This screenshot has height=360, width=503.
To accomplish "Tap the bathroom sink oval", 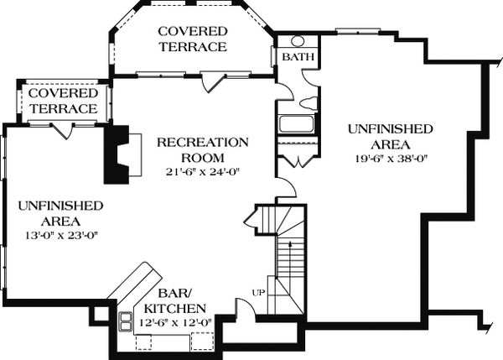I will pos(297,40).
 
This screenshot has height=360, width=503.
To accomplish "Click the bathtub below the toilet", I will pos(296,125).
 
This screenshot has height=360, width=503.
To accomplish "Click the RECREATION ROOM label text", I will pos(203,149).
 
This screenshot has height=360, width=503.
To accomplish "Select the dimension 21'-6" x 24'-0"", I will pos(203,173).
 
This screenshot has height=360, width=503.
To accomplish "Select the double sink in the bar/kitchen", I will pos(127,320).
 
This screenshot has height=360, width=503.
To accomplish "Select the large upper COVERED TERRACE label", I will pos(193,39).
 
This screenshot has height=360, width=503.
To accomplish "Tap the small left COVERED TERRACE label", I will pos(63,101).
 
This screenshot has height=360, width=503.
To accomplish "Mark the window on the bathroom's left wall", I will pos(274,56).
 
